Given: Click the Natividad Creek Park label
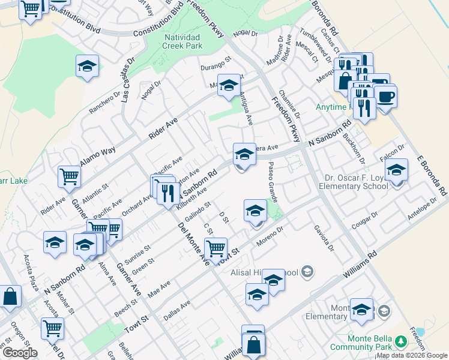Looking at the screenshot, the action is [182, 41].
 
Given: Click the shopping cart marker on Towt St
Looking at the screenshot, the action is [215, 247].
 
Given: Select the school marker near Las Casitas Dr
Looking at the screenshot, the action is [88, 65].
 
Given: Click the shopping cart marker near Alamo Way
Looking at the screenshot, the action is [70, 176].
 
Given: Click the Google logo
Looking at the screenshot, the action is [20, 353].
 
